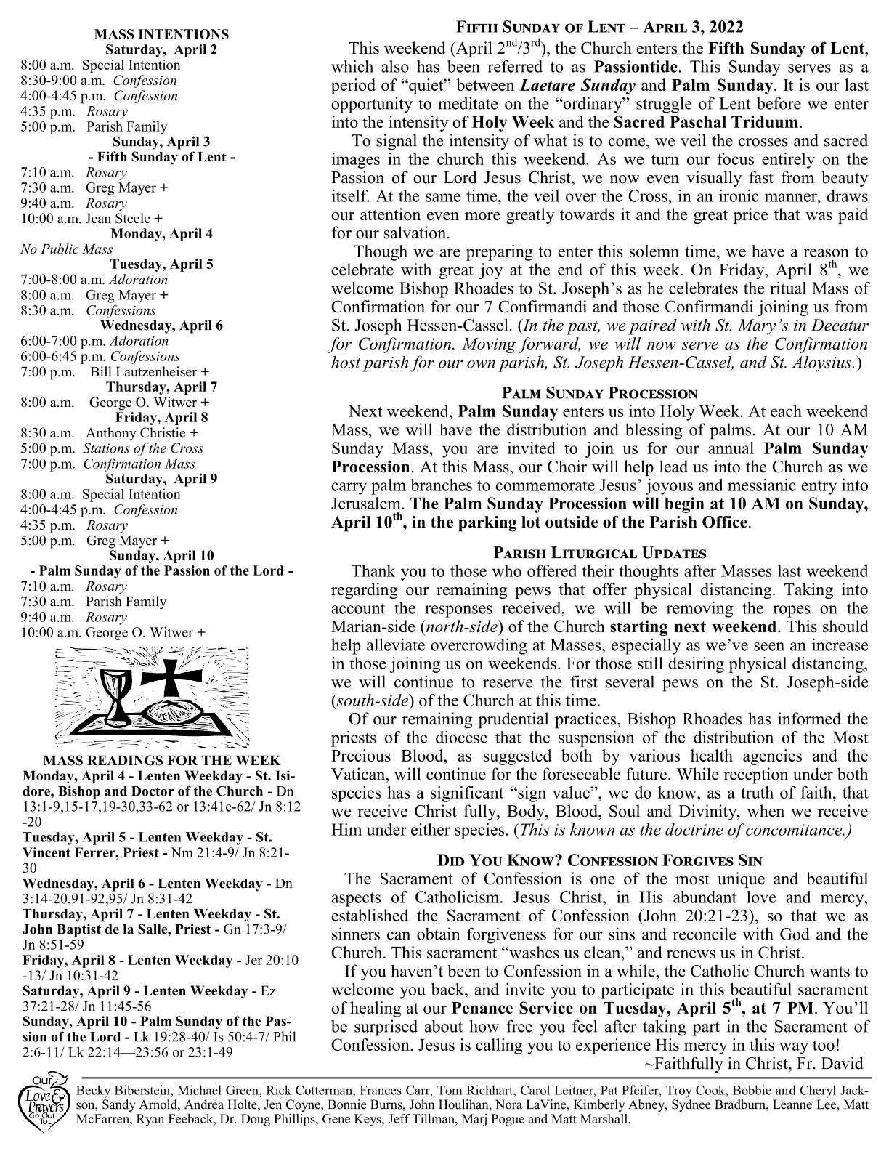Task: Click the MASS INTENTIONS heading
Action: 161,34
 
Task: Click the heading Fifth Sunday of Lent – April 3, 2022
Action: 599,28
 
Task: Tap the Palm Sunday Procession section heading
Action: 599,393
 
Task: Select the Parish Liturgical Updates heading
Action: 599,553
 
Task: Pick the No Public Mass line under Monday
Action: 67,249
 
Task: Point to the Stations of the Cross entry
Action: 142,448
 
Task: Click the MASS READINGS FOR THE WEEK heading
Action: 161,761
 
